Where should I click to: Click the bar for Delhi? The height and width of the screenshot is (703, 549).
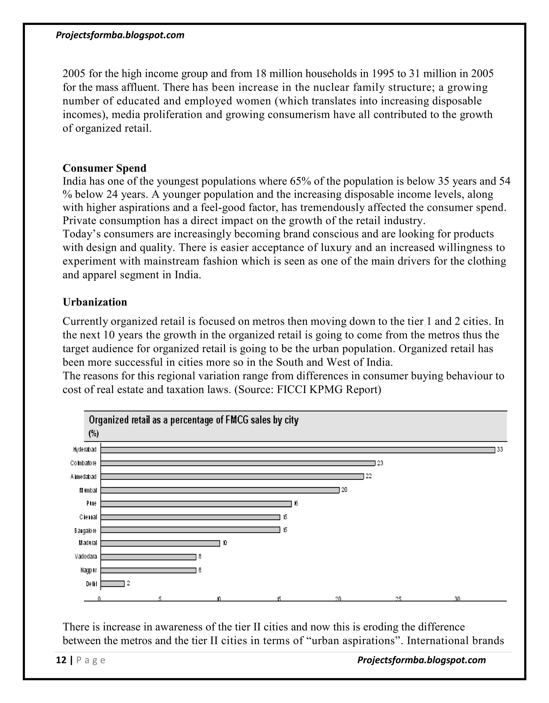point(112,584)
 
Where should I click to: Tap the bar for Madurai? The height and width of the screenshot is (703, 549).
point(160,543)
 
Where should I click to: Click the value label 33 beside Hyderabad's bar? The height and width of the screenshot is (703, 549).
point(500,450)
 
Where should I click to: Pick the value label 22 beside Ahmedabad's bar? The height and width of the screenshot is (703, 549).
point(369,476)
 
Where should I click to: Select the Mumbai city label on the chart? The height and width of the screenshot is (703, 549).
point(88,490)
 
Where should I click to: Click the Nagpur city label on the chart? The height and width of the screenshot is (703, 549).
point(88,570)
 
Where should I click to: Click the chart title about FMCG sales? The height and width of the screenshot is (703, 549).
point(194,420)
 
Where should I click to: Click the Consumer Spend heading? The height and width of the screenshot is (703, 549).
point(104,168)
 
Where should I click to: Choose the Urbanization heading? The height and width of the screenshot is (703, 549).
point(95,302)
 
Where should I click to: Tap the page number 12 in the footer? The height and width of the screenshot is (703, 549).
point(61,660)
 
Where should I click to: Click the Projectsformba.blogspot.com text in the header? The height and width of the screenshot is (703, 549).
point(120,35)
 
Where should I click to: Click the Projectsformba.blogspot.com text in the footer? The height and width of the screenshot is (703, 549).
point(421,660)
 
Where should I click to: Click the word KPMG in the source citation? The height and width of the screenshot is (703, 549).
point(326,390)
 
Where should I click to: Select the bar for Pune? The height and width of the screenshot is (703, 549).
point(196,503)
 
